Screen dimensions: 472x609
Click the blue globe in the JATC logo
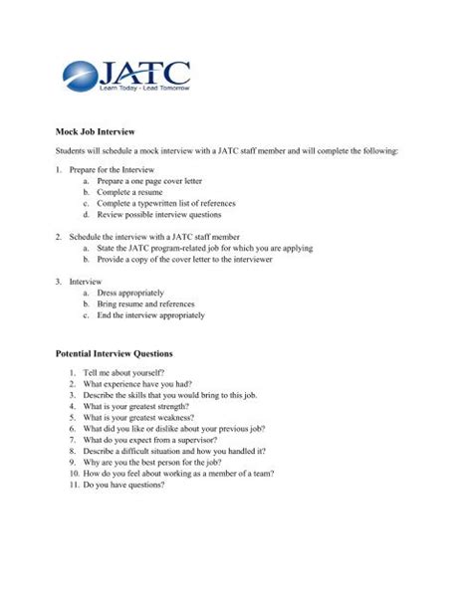tap(80, 76)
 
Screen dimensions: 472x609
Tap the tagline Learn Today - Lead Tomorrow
tap(142, 90)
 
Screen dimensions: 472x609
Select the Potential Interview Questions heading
tap(114, 353)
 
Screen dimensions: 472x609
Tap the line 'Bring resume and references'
tap(145, 304)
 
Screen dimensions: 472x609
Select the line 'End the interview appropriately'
tap(150, 315)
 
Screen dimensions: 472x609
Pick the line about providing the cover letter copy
tap(195, 259)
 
